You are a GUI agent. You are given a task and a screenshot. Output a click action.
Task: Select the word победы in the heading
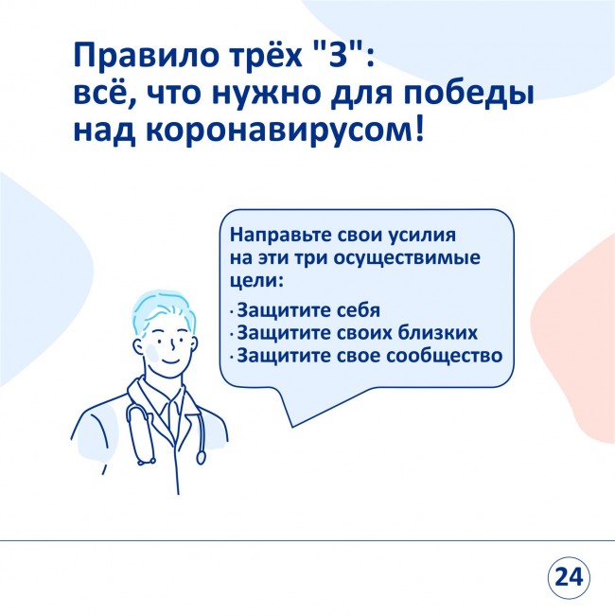[469, 94]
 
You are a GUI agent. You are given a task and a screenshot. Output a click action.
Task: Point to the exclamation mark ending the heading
[418, 128]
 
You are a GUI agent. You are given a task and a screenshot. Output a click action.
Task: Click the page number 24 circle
[569, 577]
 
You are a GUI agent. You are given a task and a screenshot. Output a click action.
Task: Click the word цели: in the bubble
[256, 281]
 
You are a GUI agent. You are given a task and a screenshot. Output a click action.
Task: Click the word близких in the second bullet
[438, 333]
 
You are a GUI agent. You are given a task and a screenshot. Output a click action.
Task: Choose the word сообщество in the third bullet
[445, 356]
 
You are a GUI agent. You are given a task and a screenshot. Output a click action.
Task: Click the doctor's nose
[172, 344]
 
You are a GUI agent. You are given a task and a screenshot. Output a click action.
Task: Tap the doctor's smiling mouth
[171, 360]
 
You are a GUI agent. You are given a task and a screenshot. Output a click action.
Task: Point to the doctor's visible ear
[138, 347]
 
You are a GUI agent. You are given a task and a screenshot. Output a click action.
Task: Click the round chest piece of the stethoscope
[201, 458]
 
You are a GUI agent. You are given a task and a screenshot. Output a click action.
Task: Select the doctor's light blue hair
[163, 309]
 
